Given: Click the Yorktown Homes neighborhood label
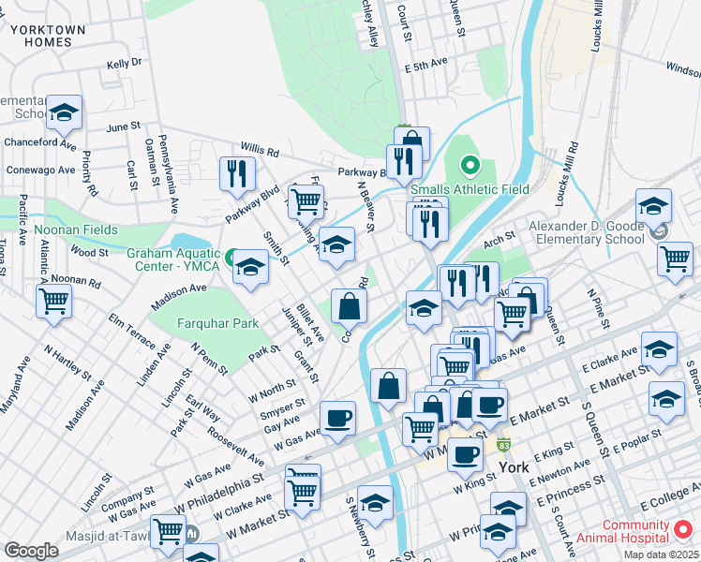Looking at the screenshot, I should pyautogui.click(x=48, y=36).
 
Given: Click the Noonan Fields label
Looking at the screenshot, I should pyautogui.click(x=76, y=229).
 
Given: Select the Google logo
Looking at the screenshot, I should pyautogui.click(x=31, y=550).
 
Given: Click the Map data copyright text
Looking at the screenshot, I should pyautogui.click(x=661, y=555).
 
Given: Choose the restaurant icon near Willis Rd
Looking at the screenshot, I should pyautogui.click(x=237, y=173).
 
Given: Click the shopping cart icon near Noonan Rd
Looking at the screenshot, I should pyautogui.click(x=54, y=302).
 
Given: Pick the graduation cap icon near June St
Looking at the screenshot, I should pyautogui.click(x=64, y=112).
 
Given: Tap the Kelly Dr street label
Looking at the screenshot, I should pyautogui.click(x=123, y=64).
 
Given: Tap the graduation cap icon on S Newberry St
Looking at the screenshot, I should pyautogui.click(x=375, y=503).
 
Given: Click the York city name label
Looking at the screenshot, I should pyautogui.click(x=515, y=466).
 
